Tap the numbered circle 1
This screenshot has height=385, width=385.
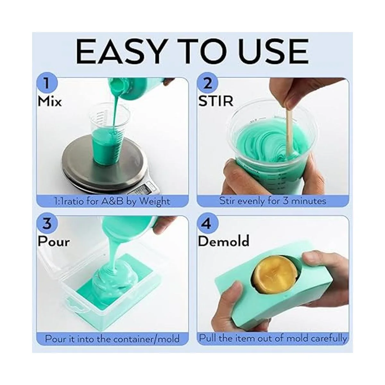pos(47,84)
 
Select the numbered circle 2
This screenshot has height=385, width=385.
pos(208,84)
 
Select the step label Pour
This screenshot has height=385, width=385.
pos(54,241)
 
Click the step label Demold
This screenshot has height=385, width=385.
pos(224,241)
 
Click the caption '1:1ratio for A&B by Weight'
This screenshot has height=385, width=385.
pos(112,201)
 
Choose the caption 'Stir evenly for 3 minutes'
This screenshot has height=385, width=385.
pos(272,201)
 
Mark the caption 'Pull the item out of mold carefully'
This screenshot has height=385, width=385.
pos(272,338)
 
